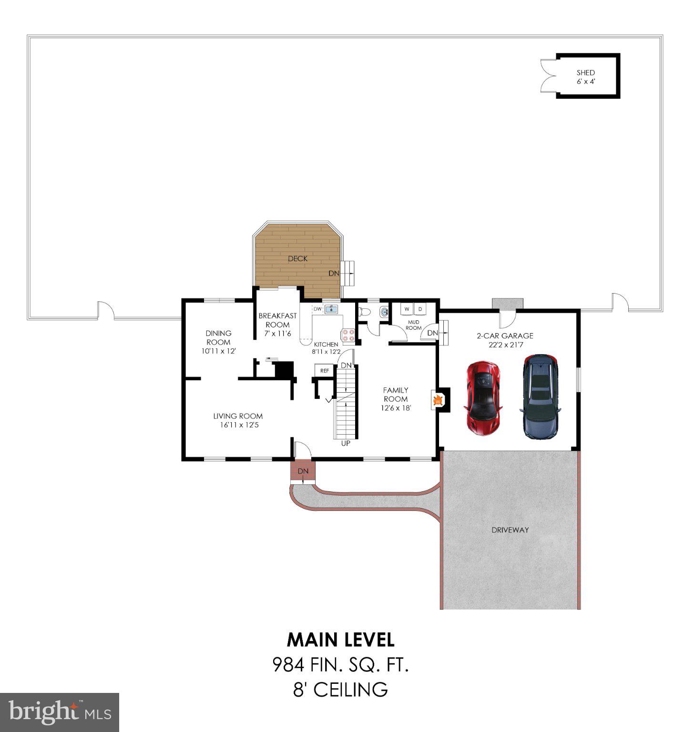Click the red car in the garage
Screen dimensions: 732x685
pyautogui.click(x=483, y=398)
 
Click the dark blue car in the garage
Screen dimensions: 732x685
pyautogui.click(x=541, y=396)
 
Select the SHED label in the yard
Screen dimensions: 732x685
pyautogui.click(x=585, y=72)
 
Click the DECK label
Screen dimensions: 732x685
pyautogui.click(x=297, y=259)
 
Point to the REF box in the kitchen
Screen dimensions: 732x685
pyautogui.click(x=324, y=370)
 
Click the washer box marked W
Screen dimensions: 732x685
pyautogui.click(x=407, y=309)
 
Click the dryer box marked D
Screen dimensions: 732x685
pyautogui.click(x=420, y=309)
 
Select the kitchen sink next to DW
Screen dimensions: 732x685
pyautogui.click(x=331, y=310)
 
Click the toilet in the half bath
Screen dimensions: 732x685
pyautogui.click(x=365, y=312)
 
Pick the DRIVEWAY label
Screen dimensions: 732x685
pyautogui.click(x=510, y=529)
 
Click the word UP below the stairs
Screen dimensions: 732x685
pyautogui.click(x=346, y=443)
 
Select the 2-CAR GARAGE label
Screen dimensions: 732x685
pyautogui.click(x=505, y=335)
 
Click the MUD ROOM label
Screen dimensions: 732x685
pyautogui.click(x=413, y=325)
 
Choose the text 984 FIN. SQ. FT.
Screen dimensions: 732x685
pyautogui.click(x=340, y=664)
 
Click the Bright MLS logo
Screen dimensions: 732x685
pyautogui.click(x=60, y=712)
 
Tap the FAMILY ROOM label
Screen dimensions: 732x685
pyautogui.click(x=396, y=395)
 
